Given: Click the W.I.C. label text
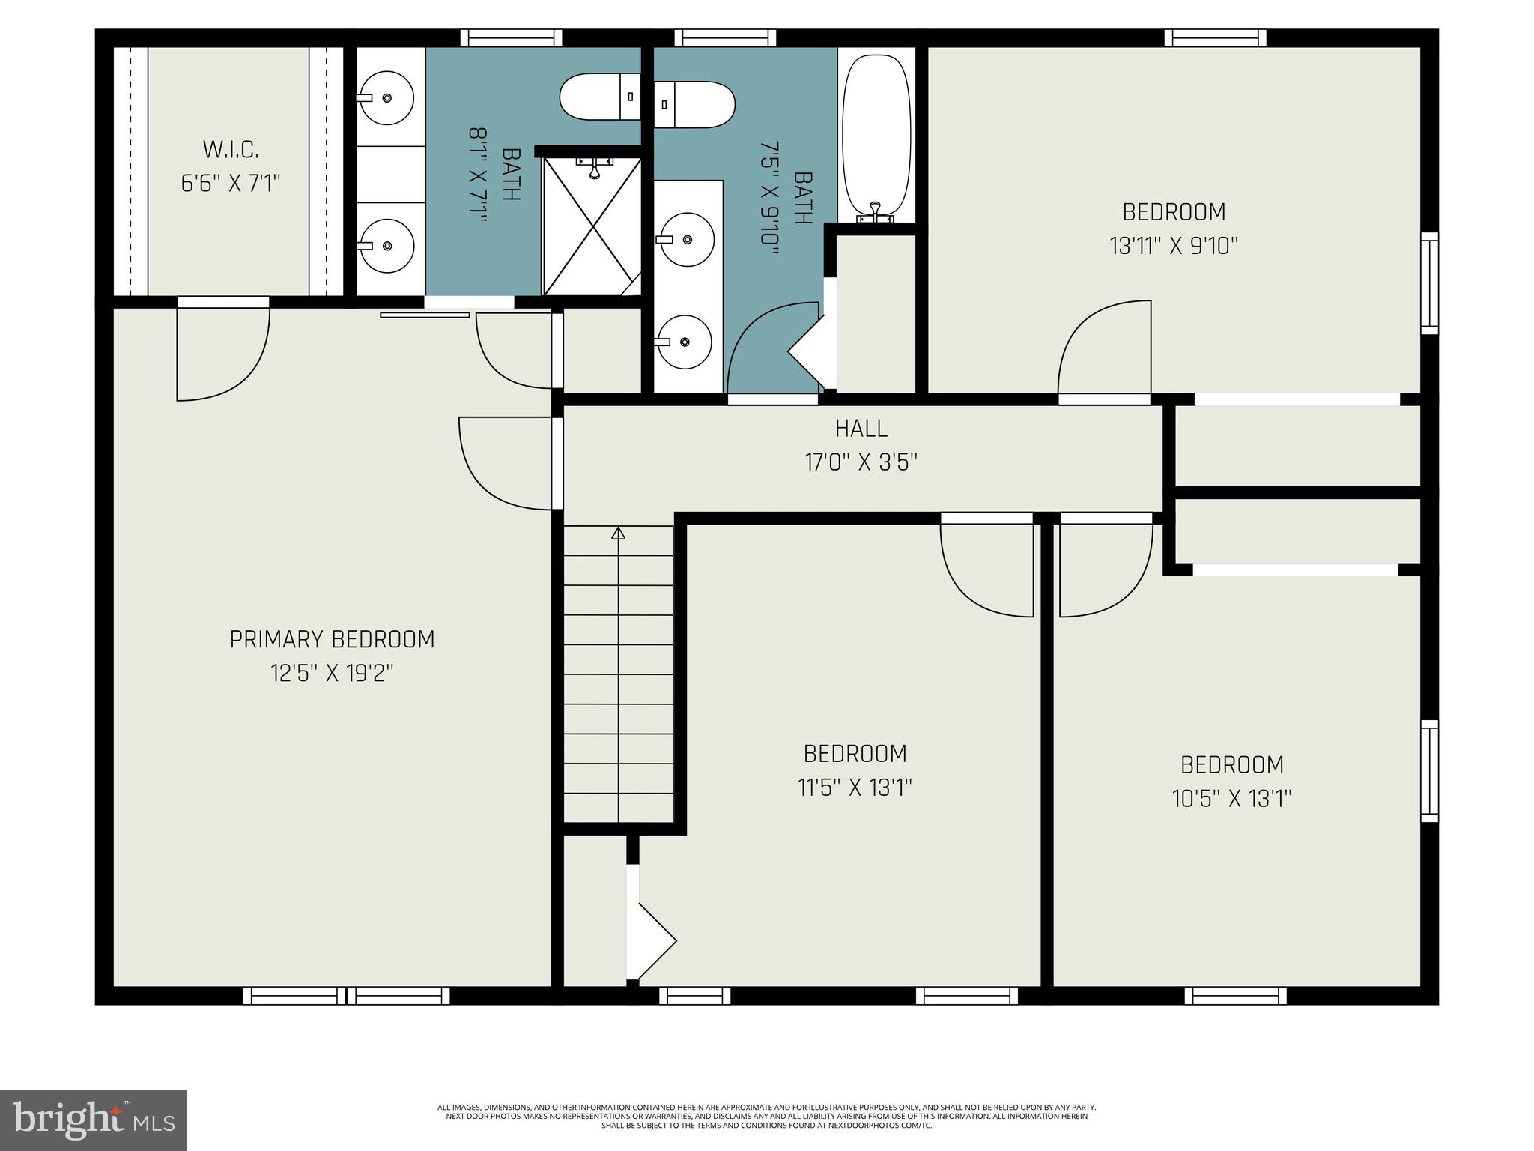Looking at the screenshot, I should [231, 150].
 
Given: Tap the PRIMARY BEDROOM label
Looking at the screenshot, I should [332, 639].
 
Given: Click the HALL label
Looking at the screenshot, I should [861, 429].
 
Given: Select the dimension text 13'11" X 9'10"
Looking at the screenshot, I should [1173, 246].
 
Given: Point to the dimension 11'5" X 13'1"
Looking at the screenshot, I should [855, 788].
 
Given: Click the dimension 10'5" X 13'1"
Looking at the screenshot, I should [1231, 799].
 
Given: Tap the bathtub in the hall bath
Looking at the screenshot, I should [876, 135].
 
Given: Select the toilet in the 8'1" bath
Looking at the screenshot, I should [599, 96].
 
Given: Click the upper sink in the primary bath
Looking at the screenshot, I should [386, 98].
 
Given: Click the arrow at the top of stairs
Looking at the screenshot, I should [618, 533].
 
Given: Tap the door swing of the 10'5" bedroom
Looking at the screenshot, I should [1104, 570].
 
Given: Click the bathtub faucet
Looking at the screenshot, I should [875, 213].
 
